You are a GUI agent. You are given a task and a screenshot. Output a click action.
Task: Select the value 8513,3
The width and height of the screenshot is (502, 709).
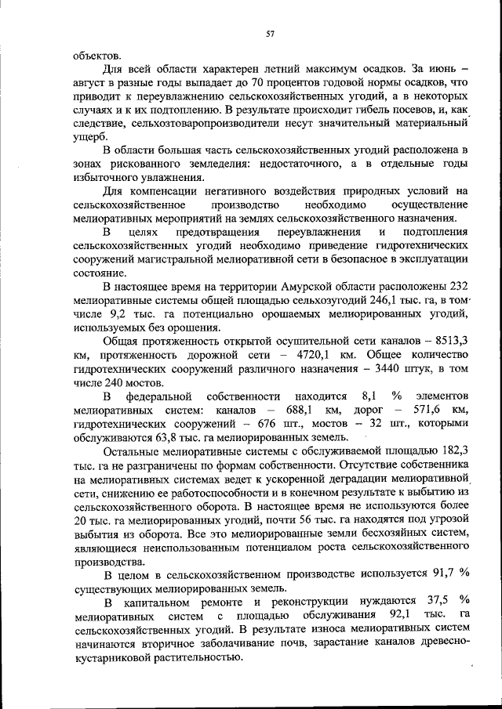coord(449,341)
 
